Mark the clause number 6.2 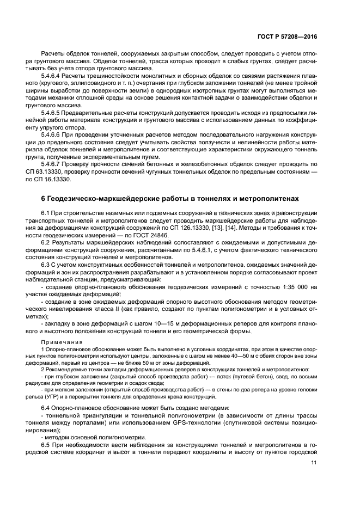click(x=46, y=242)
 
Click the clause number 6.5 click(x=46, y=444)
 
